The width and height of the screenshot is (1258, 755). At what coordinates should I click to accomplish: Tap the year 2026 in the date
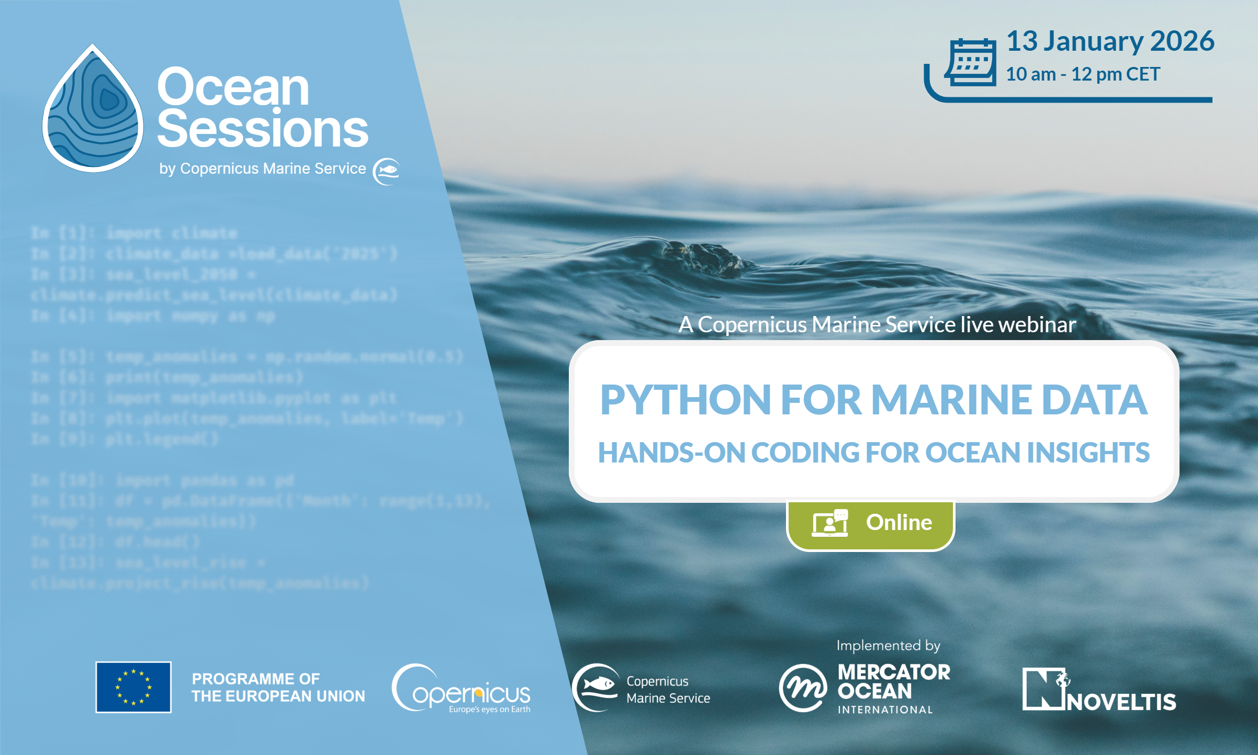pos(1182,41)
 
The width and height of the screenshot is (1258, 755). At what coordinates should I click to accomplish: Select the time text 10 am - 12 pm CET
pos(1082,74)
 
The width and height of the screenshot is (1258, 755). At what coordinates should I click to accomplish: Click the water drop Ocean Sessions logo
pos(93,110)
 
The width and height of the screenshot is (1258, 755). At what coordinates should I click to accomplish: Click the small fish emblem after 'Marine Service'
pos(386,171)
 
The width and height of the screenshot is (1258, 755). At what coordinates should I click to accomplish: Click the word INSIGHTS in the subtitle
pos(1088,453)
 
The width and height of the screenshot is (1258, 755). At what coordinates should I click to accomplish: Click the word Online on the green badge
pos(898,522)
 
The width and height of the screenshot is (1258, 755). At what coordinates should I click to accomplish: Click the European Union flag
pos(133,687)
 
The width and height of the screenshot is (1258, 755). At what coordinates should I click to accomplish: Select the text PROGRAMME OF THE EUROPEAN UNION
pos(278,687)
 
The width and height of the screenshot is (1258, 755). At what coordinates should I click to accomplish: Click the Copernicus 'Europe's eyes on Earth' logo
pos(461,689)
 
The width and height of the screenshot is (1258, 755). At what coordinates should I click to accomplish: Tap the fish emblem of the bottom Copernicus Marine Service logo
pos(596,687)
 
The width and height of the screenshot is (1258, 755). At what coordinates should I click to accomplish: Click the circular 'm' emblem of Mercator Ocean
pos(803,688)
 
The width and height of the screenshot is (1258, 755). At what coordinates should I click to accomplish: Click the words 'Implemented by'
pos(888,646)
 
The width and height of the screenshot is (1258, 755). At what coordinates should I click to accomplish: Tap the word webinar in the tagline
pos(1037,324)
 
